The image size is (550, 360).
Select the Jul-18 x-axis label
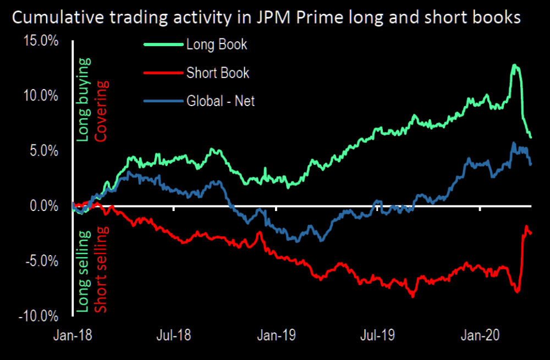pyautogui.click(x=174, y=335)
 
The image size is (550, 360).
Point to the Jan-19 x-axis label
pyautogui.click(x=277, y=335)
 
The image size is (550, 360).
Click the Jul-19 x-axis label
pyautogui.click(x=378, y=335)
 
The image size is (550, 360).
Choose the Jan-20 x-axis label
pyautogui.click(x=480, y=335)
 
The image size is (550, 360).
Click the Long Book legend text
pyautogui.click(x=217, y=45)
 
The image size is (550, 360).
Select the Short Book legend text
pyautogui.click(x=218, y=73)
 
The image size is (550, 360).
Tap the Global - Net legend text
pyautogui.click(x=221, y=101)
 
